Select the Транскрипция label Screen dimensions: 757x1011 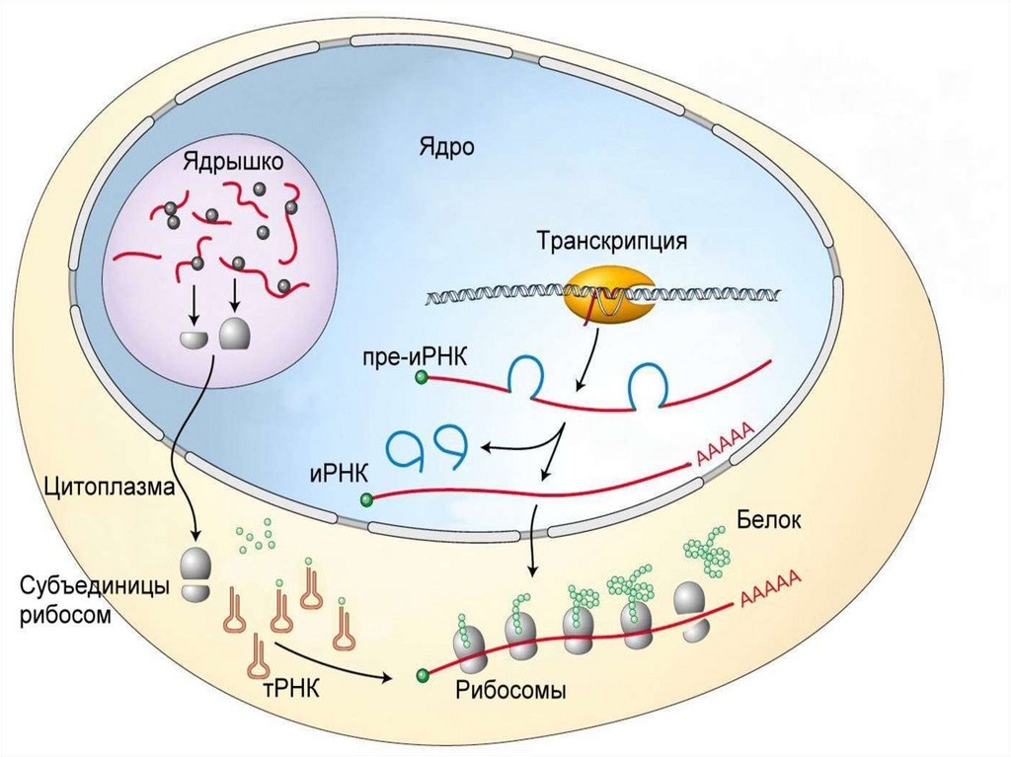610,240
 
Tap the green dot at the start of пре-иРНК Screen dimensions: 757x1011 422,377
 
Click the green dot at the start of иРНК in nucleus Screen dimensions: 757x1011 367,499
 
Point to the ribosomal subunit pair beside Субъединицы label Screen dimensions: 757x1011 196,575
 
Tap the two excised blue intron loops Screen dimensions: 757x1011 425,450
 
